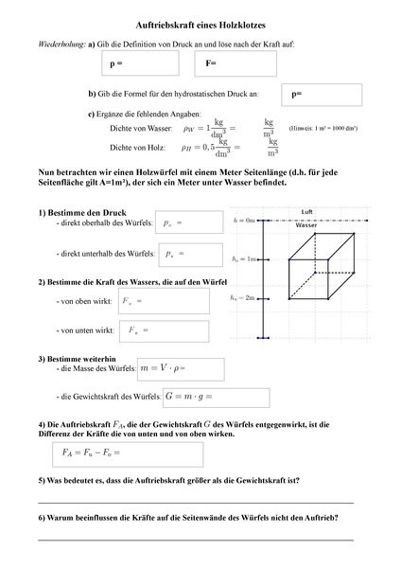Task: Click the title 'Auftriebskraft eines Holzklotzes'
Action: [x=200, y=30]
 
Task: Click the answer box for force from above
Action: [x=164, y=302]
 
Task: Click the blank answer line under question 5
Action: [x=195, y=501]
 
